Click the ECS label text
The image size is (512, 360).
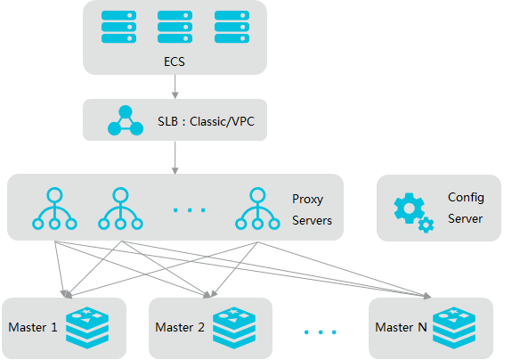tap(175, 61)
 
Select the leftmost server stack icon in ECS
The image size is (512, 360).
tap(118, 27)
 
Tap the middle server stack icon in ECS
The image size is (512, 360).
tap(175, 27)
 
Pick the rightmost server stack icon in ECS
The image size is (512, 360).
tap(232, 27)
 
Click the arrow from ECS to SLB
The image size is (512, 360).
tap(175, 86)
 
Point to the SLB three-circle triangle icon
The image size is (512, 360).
tap(126, 120)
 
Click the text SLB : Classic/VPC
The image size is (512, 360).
tap(206, 121)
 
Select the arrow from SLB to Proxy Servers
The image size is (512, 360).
tap(175, 158)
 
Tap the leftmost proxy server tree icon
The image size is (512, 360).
tap(54, 209)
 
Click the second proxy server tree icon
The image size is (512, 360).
tap(120, 209)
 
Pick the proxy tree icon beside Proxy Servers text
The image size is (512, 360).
tap(257, 209)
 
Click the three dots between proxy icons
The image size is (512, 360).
tap(190, 210)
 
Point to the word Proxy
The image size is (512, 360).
tap(307, 200)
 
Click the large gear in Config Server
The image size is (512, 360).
tap(409, 209)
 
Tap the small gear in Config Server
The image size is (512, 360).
tap(427, 225)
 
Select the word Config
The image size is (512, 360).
tap(466, 198)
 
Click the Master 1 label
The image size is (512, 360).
tap(33, 327)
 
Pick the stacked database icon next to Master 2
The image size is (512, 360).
tap(234, 328)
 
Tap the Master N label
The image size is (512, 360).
tap(401, 327)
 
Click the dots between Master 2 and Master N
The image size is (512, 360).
tap(321, 332)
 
